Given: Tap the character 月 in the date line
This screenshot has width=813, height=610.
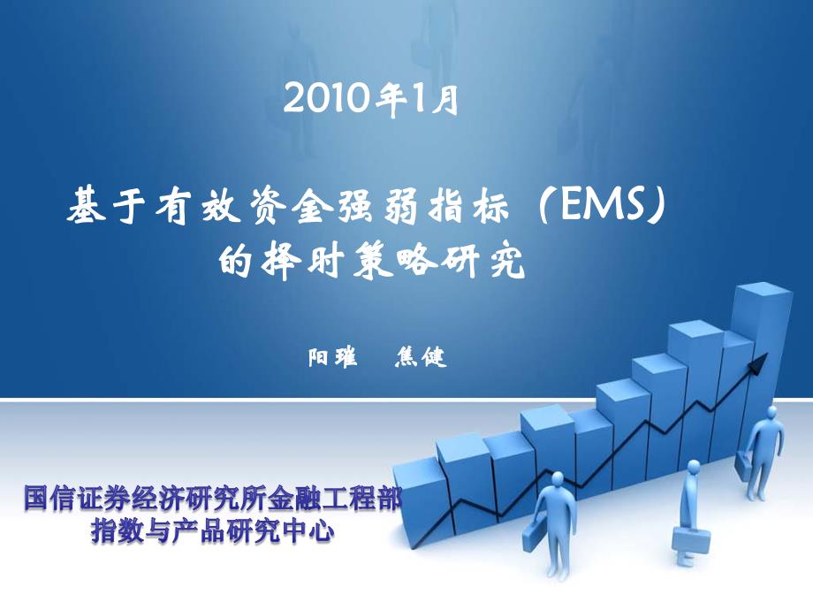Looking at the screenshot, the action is tap(445, 99).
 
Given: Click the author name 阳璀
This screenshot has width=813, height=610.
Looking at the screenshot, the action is tap(333, 357).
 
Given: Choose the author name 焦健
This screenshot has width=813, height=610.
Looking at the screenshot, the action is tap(421, 357).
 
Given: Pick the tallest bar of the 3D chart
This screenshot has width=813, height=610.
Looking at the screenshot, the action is tap(761, 363).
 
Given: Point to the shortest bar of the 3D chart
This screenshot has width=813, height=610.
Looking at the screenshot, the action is tap(420, 503).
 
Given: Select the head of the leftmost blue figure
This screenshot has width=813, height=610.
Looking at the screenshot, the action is tap(558, 478).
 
